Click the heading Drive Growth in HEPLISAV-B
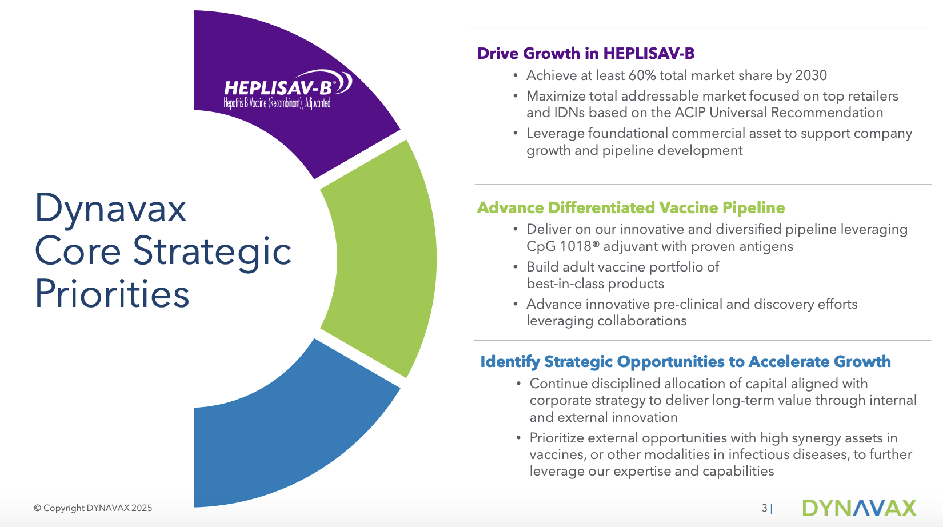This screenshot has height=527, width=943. (586, 53)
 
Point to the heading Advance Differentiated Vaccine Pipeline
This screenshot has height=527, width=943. (630, 207)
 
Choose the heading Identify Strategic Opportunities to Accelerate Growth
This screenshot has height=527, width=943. (685, 361)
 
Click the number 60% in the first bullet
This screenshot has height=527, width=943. (642, 75)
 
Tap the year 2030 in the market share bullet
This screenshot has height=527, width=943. (811, 75)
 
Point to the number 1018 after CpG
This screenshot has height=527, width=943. (575, 246)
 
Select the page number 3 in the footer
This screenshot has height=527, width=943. (764, 508)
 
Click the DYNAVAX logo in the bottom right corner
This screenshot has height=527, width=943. (858, 508)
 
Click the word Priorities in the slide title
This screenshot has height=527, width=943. (112, 294)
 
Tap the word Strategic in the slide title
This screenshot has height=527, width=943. (212, 251)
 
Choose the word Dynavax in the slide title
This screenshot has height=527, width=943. (110, 208)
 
